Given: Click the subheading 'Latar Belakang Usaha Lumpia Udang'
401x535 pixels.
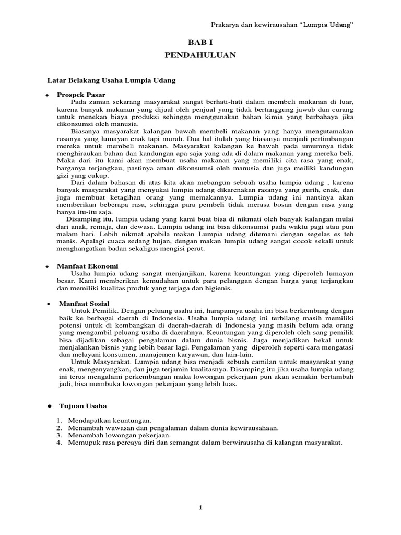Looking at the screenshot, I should pyautogui.click(x=111, y=81).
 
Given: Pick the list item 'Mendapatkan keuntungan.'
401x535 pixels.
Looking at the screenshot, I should pyautogui.click(x=109, y=420).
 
